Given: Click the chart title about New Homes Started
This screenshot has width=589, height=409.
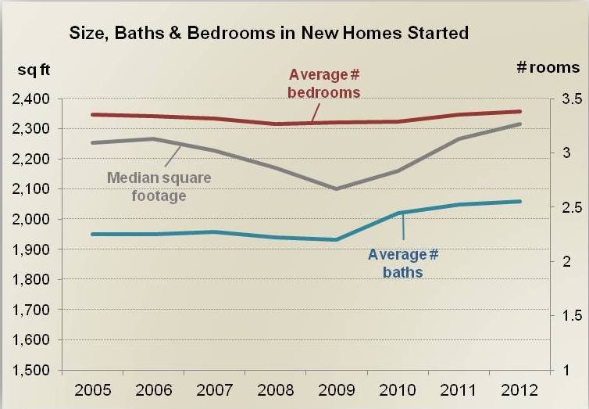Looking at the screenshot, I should coord(269,33).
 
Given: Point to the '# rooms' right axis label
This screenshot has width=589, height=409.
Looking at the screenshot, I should coord(548,68).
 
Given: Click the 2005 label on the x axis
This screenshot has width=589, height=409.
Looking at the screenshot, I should coord(93,389).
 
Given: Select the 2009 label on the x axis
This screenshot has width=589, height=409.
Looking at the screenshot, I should coord(337,389).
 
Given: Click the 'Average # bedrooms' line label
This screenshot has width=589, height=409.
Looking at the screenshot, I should coord(324,83).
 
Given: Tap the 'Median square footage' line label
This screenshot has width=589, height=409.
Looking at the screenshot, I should coord(159,186).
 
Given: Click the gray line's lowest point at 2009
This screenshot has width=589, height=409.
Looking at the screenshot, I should coord(337,188).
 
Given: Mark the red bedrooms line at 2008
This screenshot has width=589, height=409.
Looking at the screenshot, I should coord(276,124).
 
